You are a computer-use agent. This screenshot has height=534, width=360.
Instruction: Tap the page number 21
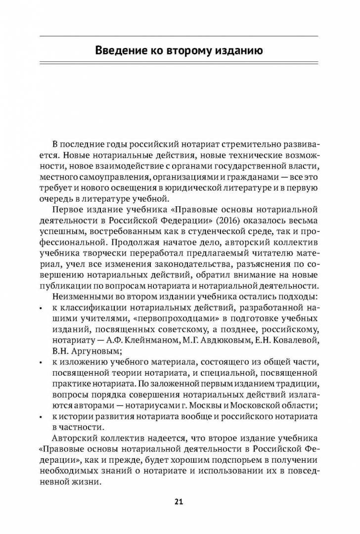tap(179, 502)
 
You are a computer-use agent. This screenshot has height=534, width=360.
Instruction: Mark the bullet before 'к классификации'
tap(41, 309)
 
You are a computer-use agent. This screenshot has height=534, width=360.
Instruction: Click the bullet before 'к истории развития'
tap(41, 418)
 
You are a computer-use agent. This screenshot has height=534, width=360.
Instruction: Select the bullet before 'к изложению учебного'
tap(41, 363)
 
